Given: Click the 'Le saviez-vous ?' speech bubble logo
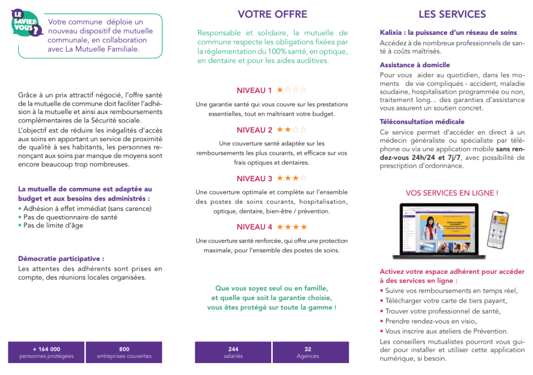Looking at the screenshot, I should click(x=26, y=23).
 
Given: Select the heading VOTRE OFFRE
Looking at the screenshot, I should click(x=272, y=14).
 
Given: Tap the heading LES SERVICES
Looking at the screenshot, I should click(x=452, y=14).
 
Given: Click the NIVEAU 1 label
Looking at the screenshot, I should click(x=254, y=91).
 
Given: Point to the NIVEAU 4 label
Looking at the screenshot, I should click(x=254, y=227).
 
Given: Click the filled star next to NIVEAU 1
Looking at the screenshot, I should click(x=280, y=90).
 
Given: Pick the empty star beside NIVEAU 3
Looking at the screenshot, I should click(x=303, y=178).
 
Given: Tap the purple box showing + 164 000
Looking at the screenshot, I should click(x=46, y=353).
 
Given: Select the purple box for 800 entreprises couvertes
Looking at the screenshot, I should click(x=124, y=353).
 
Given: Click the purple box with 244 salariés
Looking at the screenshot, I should click(x=233, y=353).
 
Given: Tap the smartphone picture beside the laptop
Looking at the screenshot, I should click(x=497, y=230).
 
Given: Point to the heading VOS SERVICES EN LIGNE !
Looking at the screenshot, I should click(x=452, y=193).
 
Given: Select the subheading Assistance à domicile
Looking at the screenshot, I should click(x=414, y=65).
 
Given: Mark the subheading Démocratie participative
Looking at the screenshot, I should click(x=61, y=259).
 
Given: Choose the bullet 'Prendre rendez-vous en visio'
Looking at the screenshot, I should click(x=431, y=321).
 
